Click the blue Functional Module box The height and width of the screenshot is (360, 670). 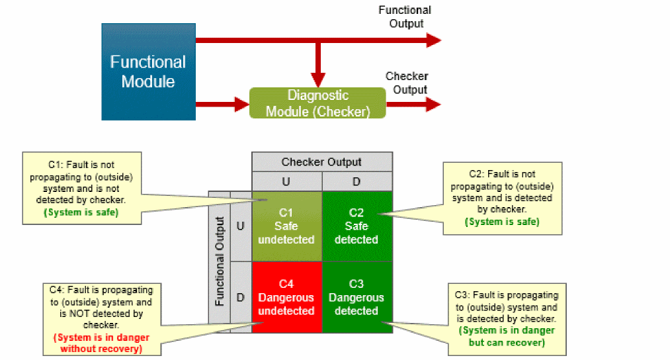pyautogui.click(x=148, y=71)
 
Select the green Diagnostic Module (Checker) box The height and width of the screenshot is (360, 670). pyautogui.click(x=317, y=103)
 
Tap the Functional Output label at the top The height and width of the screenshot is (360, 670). pyautogui.click(x=405, y=17)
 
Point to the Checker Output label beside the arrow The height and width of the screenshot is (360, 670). pyautogui.click(x=407, y=83)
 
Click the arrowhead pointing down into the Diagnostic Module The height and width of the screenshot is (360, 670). pyautogui.click(x=319, y=78)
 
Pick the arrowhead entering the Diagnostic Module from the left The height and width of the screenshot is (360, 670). pyautogui.click(x=239, y=104)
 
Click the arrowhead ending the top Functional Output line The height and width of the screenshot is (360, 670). pyautogui.click(x=433, y=40)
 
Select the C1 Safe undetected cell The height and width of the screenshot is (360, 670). pyautogui.click(x=286, y=226)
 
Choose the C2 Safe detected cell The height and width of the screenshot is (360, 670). pyautogui.click(x=356, y=226)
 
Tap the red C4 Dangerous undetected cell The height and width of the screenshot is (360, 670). pyautogui.click(x=286, y=297)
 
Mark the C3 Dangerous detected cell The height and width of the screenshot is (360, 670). pyautogui.click(x=356, y=297)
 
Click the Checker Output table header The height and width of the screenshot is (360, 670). pyautogui.click(x=321, y=162)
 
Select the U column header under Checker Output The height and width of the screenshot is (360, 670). pyautogui.click(x=286, y=181)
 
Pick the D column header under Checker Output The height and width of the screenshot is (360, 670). pyautogui.click(x=356, y=181)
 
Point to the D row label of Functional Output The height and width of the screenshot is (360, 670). pyautogui.click(x=241, y=297)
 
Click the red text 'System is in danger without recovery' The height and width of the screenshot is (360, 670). pyautogui.click(x=101, y=343)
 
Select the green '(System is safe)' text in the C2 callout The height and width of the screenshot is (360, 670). pyautogui.click(x=503, y=222)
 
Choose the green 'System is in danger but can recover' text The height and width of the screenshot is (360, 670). pyautogui.click(x=507, y=336)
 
